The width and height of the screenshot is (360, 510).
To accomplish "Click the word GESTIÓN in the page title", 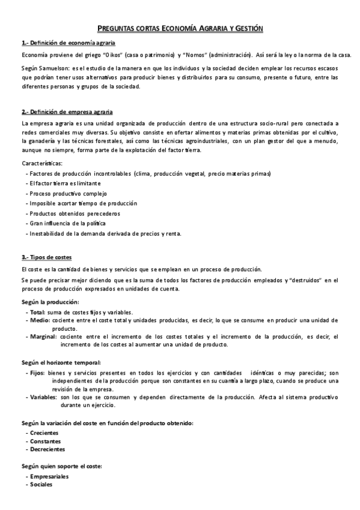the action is (246, 28).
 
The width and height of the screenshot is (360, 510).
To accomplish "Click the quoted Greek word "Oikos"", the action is (120, 55).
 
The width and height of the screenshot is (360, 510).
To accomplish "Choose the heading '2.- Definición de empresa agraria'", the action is (67, 112).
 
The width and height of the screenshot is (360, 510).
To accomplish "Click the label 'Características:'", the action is (41, 163).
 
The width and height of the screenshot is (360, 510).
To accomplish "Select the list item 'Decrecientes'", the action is (47, 449).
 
